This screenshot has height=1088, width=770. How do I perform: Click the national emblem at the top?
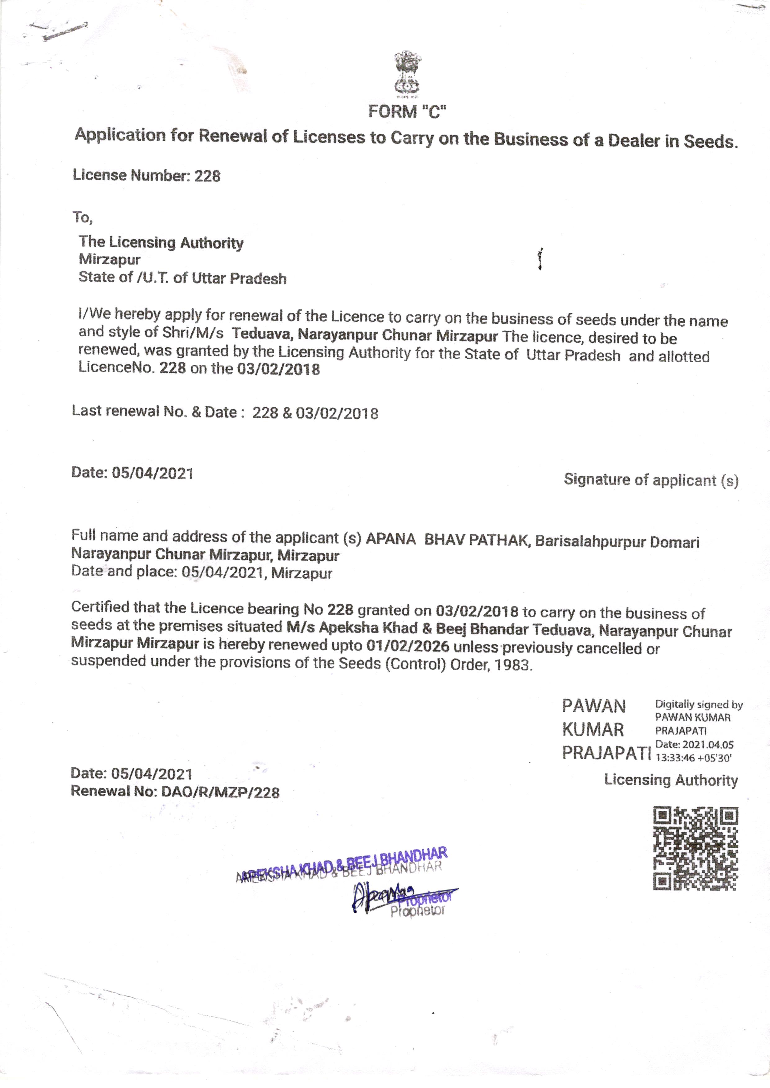pyautogui.click(x=408, y=74)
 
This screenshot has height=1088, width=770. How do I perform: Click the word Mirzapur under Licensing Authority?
pyautogui.click(x=110, y=260)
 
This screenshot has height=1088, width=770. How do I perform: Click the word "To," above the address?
pyautogui.click(x=83, y=217)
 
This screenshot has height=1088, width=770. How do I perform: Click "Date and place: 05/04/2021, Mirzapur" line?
pyautogui.click(x=201, y=572)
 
